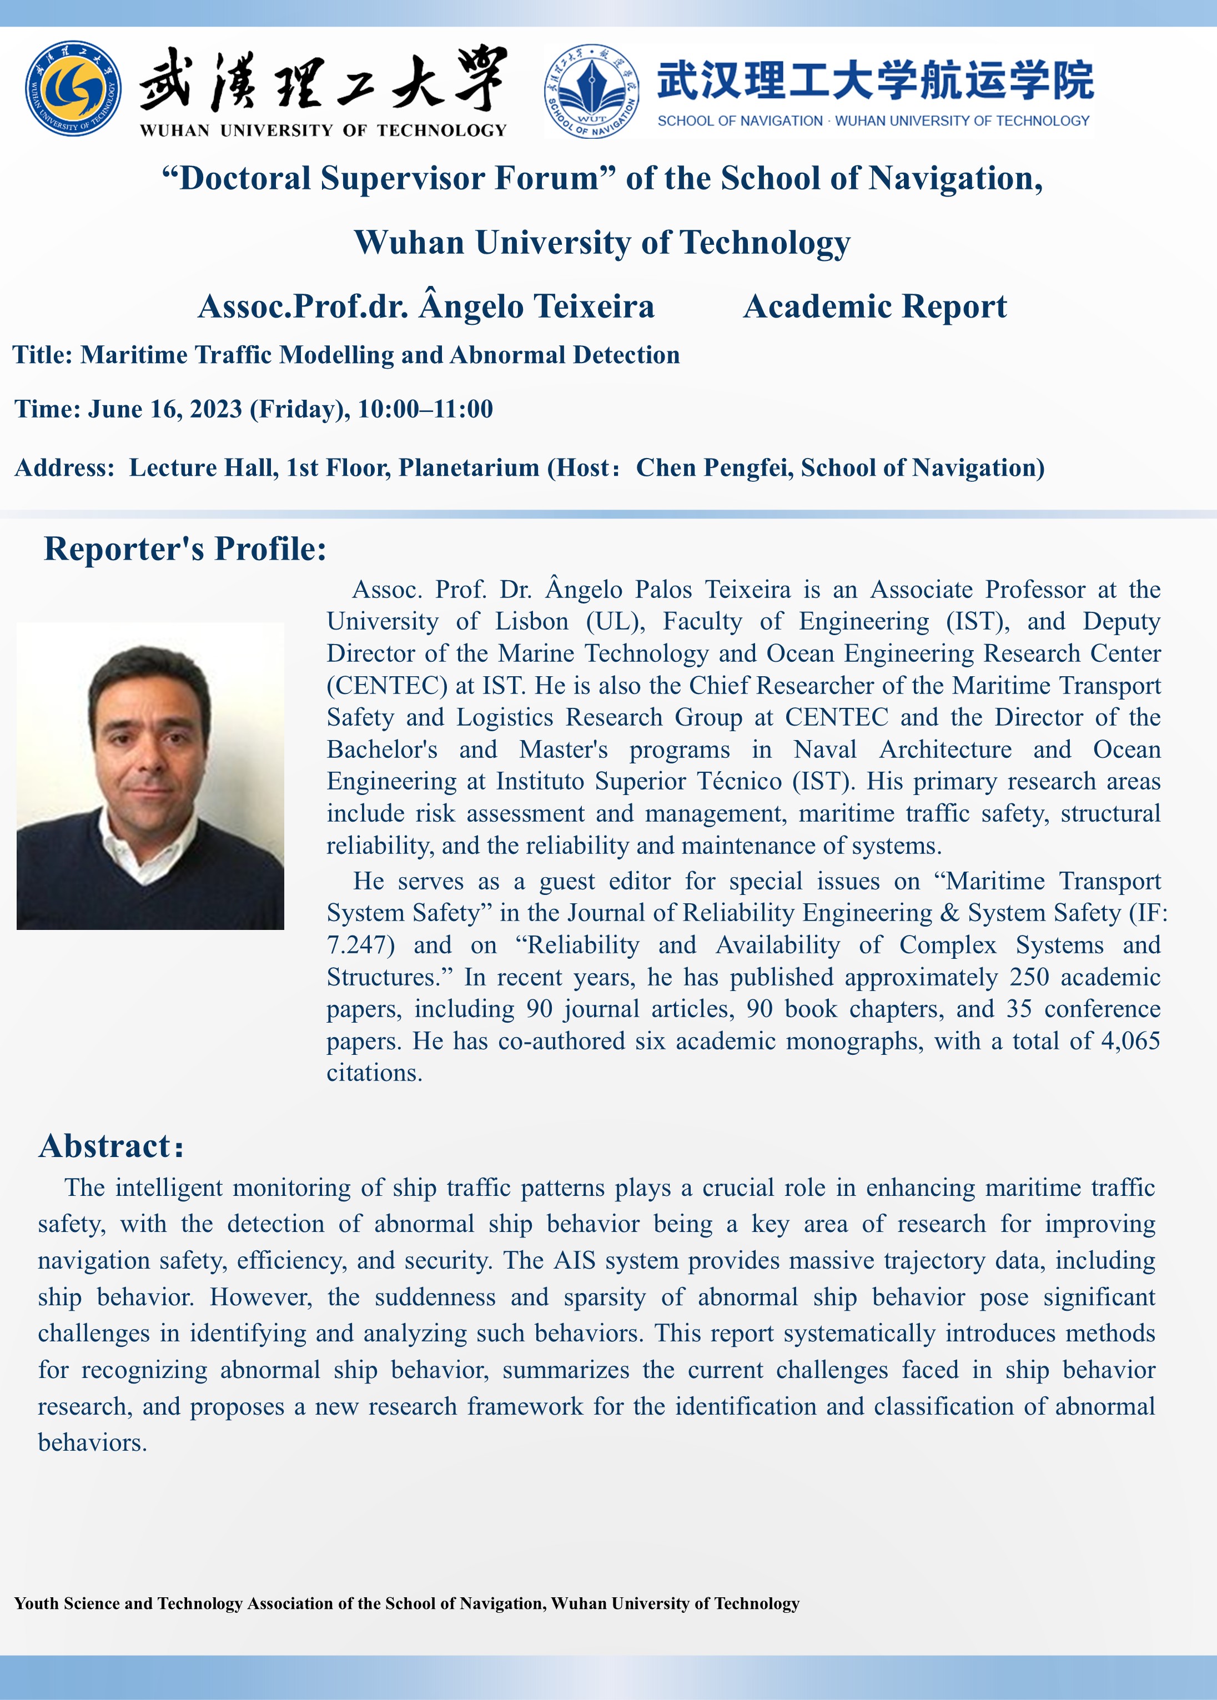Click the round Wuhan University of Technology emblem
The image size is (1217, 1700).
73,88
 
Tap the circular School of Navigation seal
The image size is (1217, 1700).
592,90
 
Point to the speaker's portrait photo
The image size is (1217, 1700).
150,776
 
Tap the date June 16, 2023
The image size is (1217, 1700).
165,409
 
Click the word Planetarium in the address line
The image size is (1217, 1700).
469,467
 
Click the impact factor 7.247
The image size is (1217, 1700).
360,945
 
